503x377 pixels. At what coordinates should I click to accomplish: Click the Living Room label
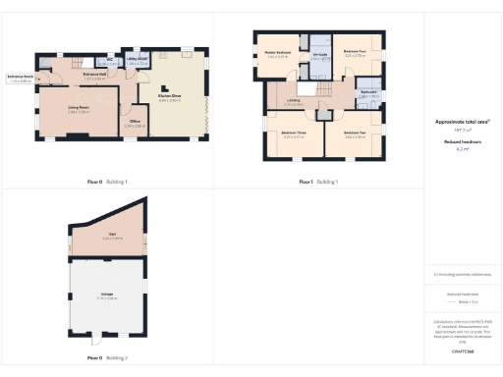(x=78, y=110)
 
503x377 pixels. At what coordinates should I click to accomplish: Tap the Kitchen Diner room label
(x=169, y=97)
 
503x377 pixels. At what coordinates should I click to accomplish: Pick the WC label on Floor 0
(x=113, y=61)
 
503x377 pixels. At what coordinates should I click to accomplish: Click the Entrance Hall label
(x=95, y=73)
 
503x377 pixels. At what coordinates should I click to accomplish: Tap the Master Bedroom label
(x=278, y=55)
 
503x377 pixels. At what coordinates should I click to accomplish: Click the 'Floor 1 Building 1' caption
(x=318, y=182)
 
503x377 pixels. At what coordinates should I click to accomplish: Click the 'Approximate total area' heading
(x=461, y=122)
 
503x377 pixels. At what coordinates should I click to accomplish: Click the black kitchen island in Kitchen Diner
(x=166, y=83)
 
